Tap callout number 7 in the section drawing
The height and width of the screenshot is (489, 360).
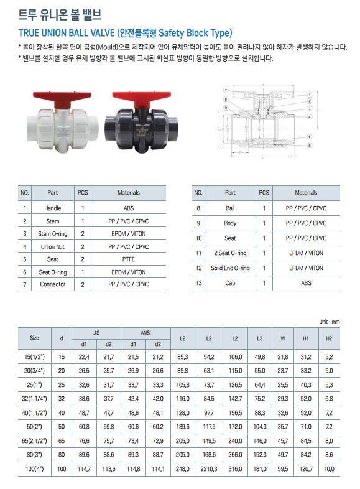pos(226,90)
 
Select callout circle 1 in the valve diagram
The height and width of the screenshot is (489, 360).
pos(310,95)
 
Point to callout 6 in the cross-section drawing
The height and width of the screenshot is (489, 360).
pos(310,146)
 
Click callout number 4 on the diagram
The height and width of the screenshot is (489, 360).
pos(310,117)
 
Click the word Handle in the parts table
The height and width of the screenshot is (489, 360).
pos(53,208)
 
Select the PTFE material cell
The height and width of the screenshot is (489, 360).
pos(129,259)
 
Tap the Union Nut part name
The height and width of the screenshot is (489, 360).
pos(53,247)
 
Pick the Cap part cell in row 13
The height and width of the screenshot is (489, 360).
pos(230,283)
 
